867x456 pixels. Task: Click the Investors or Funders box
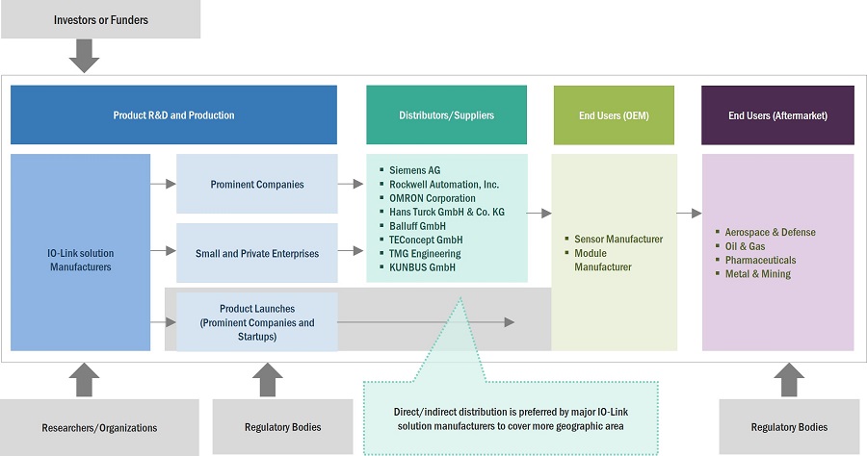tap(100, 19)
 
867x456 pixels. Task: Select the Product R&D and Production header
tap(173, 115)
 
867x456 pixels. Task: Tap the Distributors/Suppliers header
tap(446, 115)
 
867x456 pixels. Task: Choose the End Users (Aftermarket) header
tap(777, 115)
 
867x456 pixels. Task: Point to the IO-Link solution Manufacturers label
tap(81, 260)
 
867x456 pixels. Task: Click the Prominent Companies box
tap(256, 184)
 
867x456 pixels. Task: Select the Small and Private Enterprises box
tap(256, 253)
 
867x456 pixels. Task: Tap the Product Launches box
tap(256, 322)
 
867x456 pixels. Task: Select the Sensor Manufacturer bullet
tap(617, 240)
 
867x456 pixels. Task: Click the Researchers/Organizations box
tap(100, 427)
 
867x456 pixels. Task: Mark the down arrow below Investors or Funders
tap(85, 56)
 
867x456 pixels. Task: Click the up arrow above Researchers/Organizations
tap(85, 379)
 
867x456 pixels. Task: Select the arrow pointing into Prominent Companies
tap(163, 184)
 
